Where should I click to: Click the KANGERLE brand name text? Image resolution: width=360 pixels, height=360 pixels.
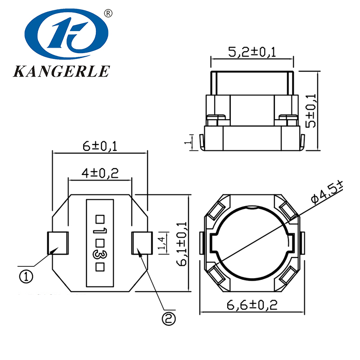(x=62, y=72)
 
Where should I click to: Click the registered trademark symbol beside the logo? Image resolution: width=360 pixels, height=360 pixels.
(x=108, y=13)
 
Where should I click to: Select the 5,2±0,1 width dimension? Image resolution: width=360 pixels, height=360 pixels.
(x=252, y=52)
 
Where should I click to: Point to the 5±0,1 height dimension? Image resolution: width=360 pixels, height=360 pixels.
(x=311, y=111)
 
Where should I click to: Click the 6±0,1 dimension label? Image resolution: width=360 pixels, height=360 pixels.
(x=99, y=146)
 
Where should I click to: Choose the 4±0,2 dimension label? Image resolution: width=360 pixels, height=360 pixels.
(x=99, y=173)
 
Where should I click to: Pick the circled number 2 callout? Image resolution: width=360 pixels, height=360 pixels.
(x=168, y=319)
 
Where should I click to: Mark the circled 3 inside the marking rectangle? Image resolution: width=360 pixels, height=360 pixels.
(x=100, y=255)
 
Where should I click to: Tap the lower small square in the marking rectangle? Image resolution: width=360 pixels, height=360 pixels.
(x=100, y=267)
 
